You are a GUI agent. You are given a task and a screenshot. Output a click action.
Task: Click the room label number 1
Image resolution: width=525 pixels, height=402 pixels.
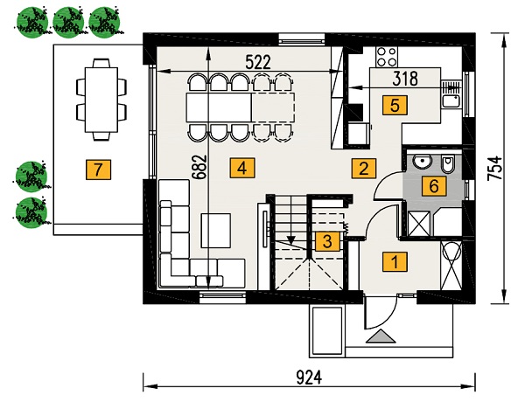coord(395,261)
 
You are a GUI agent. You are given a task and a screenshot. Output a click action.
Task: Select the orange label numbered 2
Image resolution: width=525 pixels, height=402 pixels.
coord(364,168)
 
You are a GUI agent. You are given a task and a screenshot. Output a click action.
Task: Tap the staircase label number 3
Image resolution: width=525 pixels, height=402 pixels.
coord(328,241)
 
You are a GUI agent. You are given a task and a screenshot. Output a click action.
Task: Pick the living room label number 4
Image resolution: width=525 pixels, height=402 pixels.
coord(242,168)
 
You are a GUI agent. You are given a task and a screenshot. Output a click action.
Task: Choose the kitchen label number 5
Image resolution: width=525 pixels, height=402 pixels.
coord(395,106)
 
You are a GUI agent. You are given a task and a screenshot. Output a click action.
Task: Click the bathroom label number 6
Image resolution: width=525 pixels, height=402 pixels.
coord(434,186)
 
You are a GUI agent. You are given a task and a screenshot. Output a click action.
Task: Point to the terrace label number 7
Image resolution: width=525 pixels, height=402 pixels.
coord(98,170)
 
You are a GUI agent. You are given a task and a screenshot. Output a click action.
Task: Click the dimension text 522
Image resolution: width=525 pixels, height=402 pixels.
coord(258,63)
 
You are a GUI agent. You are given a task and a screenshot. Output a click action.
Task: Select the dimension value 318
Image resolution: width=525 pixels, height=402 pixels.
coord(405,79)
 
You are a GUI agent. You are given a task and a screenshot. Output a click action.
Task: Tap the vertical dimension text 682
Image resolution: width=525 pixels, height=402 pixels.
coord(199,167)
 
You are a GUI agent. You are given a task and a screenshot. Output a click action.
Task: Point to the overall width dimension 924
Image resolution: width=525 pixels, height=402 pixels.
coord(309,378)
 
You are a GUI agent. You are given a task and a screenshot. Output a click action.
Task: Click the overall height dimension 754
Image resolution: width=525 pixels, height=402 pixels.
coord(495,169)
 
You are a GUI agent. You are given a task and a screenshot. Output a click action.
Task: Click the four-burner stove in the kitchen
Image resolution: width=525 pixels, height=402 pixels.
coord(388,57)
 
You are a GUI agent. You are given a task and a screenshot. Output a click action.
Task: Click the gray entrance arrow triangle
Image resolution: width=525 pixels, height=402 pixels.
coord(381,336)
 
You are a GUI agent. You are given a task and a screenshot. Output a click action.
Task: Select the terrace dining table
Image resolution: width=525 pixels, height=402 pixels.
coord(101,100)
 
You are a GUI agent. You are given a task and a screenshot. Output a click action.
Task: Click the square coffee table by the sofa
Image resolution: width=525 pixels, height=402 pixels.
coord(216,231)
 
